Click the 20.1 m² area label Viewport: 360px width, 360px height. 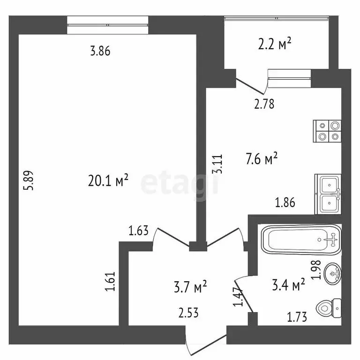point(108,180)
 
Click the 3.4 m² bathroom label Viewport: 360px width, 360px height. point(289,284)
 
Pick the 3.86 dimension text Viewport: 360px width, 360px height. point(100,52)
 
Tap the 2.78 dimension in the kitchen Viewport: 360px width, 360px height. point(264,104)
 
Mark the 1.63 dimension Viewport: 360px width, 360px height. point(139,230)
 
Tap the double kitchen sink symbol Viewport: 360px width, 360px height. point(329,195)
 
